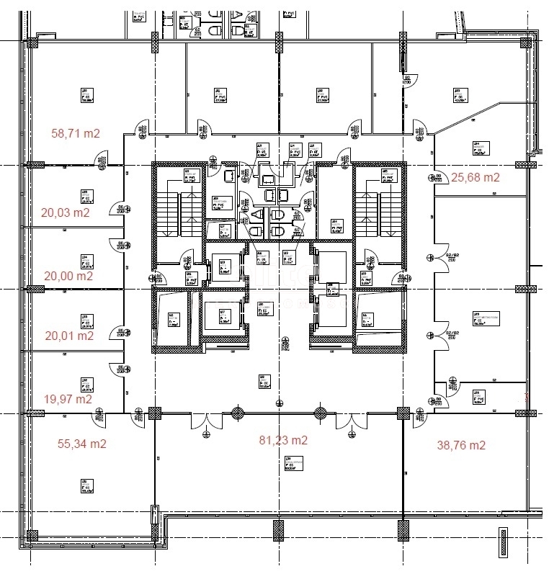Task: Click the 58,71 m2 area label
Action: pos(76,133)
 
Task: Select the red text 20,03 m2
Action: pos(66,212)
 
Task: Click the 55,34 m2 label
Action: pos(82,444)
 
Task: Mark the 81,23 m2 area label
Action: pos(283,440)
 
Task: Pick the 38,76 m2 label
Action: pos(461,445)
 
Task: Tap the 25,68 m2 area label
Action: pos(475,176)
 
